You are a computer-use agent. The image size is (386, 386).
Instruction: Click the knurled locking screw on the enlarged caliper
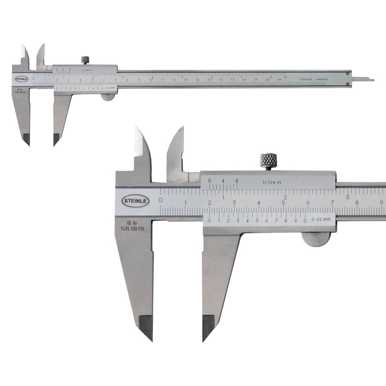pos(268,160)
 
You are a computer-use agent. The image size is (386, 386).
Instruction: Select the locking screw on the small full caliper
pos(85,60)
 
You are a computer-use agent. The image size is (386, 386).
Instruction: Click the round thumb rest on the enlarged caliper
pos(316,239)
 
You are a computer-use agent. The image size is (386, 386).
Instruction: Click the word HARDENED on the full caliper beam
pos(322,79)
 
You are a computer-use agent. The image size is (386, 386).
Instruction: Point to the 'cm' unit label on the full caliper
pos(279,80)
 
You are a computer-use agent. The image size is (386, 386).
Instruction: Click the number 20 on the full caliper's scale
pos(267,80)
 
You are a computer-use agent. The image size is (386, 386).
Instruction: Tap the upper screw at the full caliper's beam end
pos(348,73)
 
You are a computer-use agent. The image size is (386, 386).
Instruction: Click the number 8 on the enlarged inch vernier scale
pos(236,180)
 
